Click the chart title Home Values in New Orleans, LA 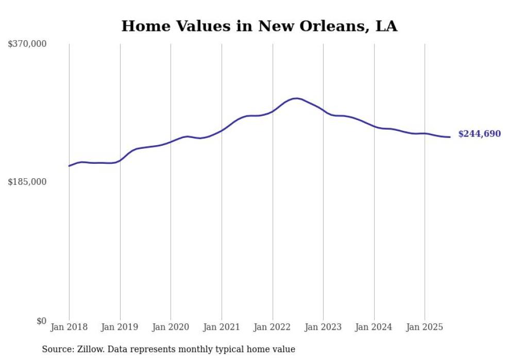[259, 26]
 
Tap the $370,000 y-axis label [27, 44]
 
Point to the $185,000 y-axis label [27, 182]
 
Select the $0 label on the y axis [41, 321]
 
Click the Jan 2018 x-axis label [69, 327]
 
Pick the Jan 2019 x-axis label [120, 327]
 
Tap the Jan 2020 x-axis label [171, 327]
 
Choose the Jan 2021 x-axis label [222, 327]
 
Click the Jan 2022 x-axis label [273, 327]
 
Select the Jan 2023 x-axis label [323, 327]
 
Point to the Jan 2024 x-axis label [374, 327]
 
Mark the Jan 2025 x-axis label [425, 327]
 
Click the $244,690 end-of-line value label [479, 134]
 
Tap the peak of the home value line [296, 98]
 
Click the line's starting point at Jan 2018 [69, 166]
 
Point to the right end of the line [450, 137]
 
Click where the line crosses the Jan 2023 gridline [323, 110]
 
